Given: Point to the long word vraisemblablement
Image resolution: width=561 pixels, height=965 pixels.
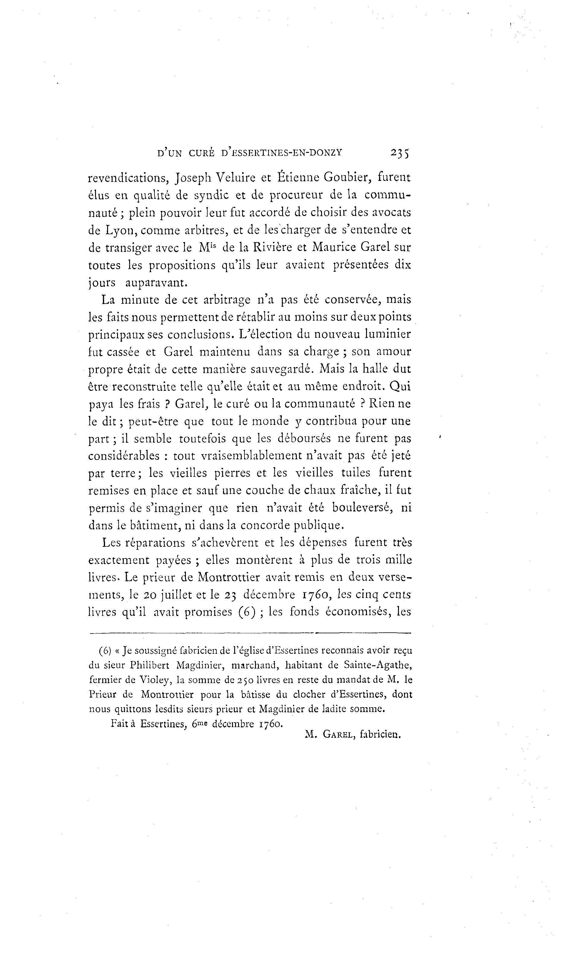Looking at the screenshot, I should [250, 456].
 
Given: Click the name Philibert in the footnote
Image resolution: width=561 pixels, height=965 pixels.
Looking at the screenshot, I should [149, 665].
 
